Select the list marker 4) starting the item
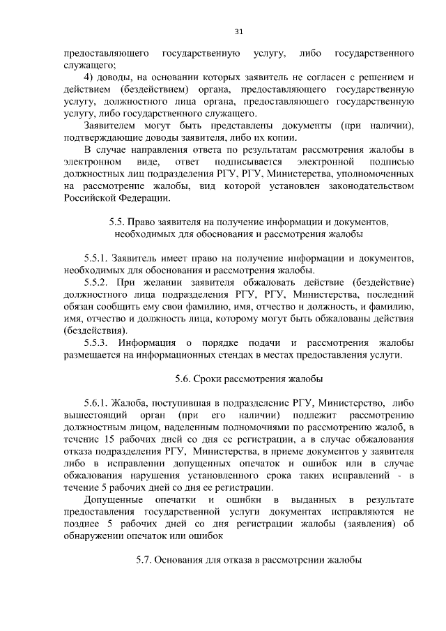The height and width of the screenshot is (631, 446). tap(89, 75)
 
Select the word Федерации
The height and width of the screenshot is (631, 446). tap(142, 198)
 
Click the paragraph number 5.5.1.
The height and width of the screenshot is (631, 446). tap(97, 257)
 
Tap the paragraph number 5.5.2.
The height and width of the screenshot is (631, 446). tap(97, 281)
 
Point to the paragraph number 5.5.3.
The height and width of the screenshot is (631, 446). tap(97, 342)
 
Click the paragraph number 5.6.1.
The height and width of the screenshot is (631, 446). tap(97, 403)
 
